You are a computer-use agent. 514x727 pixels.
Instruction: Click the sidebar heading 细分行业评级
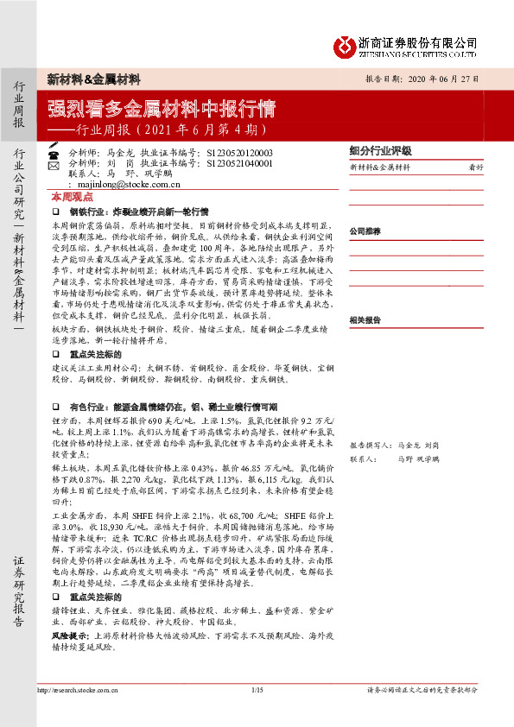tap(380, 149)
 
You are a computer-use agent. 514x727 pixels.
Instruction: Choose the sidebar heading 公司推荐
tap(365, 231)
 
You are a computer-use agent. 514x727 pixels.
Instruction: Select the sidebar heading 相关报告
tap(365, 294)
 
